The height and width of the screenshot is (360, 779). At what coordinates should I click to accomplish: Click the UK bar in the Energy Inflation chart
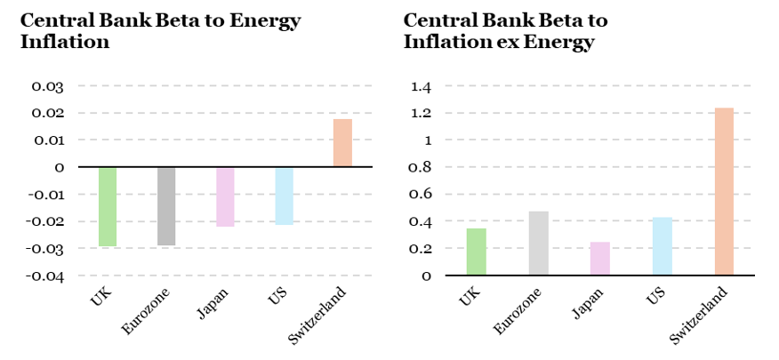[x=108, y=206]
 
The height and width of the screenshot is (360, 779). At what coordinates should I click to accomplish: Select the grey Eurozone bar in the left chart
[x=166, y=206]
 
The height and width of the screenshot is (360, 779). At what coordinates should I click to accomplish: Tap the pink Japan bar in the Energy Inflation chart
[x=225, y=196]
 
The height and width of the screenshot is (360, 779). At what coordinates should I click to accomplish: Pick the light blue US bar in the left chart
[x=284, y=196]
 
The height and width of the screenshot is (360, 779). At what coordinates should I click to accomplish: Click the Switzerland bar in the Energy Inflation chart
[x=342, y=143]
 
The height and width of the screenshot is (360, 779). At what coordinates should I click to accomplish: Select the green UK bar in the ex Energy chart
[x=477, y=252]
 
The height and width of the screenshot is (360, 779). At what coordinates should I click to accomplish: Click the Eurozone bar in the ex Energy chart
[x=539, y=243]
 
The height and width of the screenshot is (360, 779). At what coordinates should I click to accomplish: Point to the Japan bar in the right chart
[x=600, y=258]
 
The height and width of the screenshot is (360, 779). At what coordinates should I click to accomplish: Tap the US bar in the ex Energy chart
[x=662, y=246]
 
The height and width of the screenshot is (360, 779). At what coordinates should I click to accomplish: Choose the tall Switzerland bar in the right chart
[x=724, y=191]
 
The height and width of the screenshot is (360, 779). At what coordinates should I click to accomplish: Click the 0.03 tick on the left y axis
[x=48, y=86]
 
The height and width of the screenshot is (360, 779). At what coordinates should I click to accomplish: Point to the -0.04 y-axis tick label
[x=44, y=276]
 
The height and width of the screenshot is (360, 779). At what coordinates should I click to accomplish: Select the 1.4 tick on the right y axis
[x=421, y=86]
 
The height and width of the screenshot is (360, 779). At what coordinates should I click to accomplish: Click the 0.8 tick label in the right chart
[x=421, y=167]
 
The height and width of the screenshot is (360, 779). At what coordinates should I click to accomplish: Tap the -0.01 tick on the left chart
[x=44, y=195]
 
